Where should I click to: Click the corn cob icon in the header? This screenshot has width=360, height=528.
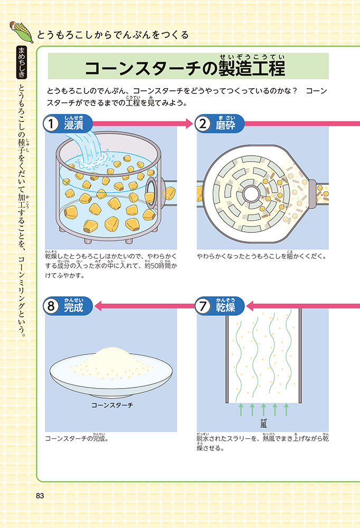(21, 32)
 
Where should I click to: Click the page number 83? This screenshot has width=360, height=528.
(40, 496)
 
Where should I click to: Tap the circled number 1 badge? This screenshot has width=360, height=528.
(51, 124)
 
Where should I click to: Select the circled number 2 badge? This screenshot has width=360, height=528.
(203, 124)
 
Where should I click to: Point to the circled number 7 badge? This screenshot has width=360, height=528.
(203, 306)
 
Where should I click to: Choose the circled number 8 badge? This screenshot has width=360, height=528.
(51, 306)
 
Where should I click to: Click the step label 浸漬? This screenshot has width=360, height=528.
(74, 125)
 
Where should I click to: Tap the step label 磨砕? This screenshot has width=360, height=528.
(225, 125)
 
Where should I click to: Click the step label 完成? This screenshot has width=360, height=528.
(74, 307)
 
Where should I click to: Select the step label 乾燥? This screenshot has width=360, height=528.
(225, 307)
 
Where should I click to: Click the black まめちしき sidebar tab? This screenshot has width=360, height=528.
(22, 62)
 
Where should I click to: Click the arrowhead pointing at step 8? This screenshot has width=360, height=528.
(98, 306)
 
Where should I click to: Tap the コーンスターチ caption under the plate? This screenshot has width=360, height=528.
(112, 405)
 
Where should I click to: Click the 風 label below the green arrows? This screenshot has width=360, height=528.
(263, 425)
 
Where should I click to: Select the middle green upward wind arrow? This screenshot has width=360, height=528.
(263, 410)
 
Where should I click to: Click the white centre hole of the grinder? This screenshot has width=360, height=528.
(250, 194)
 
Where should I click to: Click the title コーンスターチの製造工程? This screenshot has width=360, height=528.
(185, 68)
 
